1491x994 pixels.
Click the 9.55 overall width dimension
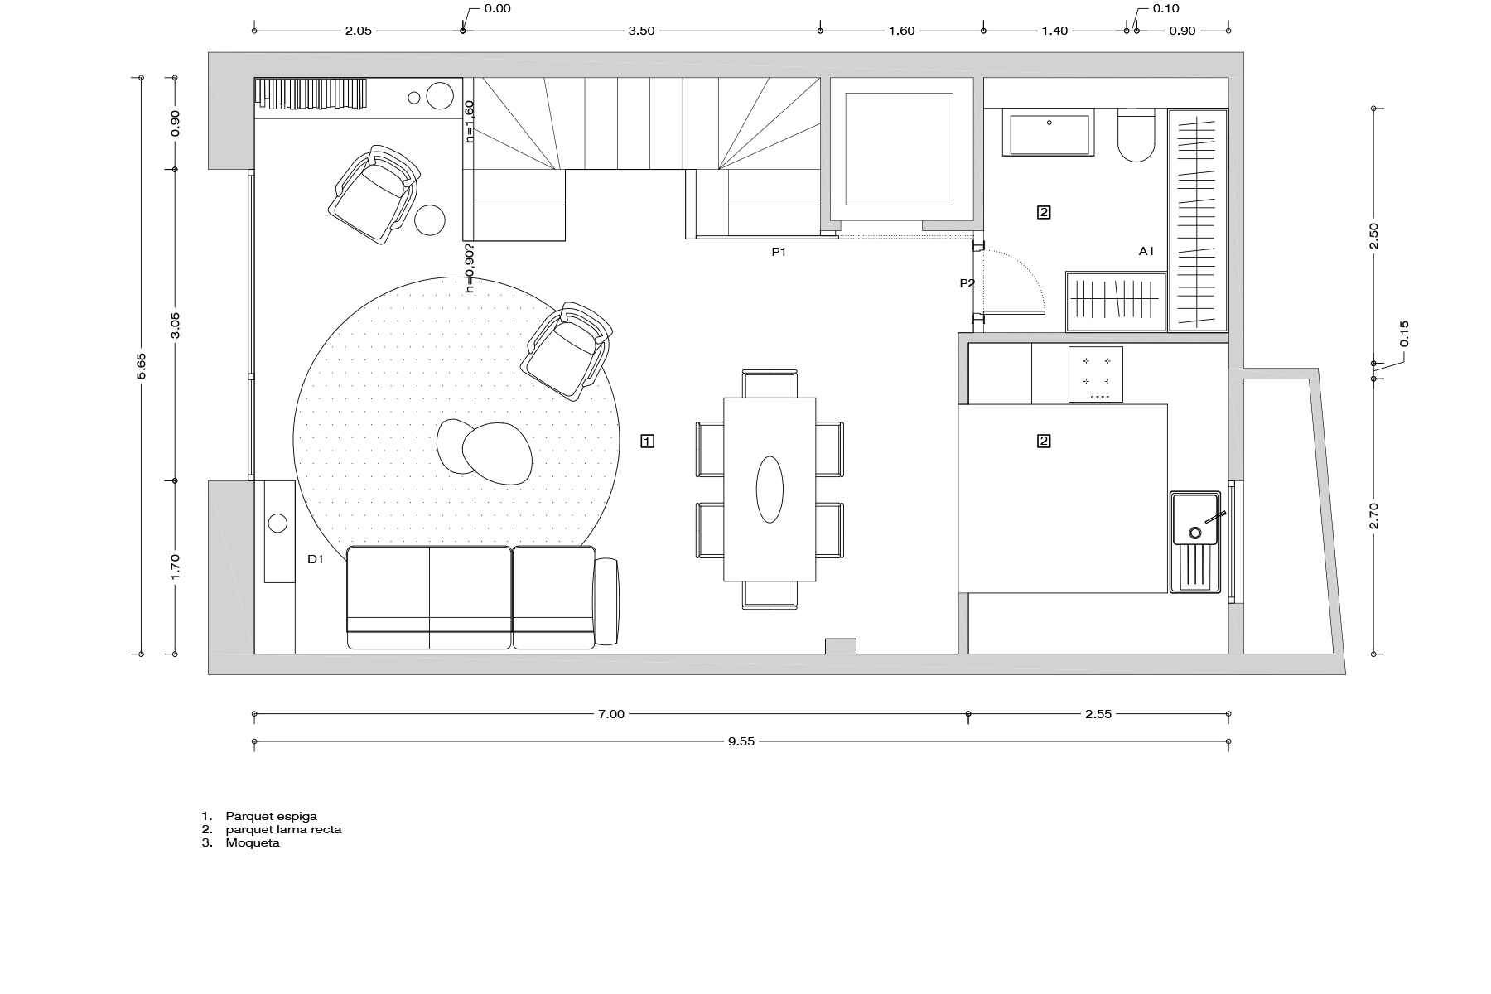click(741, 742)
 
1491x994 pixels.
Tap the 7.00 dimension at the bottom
click(610, 714)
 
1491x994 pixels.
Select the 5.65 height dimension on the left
click(142, 366)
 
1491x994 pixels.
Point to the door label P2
click(967, 283)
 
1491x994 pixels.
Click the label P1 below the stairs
click(779, 253)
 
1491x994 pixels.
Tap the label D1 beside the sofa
click(315, 559)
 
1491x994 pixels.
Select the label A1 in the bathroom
click(1146, 251)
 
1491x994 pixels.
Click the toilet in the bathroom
click(1136, 137)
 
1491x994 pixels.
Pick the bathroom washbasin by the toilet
click(1049, 133)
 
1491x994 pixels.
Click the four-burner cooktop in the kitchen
click(1095, 374)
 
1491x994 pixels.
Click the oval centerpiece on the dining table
click(770, 489)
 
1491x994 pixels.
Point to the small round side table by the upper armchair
click(430, 220)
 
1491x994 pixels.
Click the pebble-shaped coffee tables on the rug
click(485, 451)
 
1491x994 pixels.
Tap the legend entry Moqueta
click(252, 843)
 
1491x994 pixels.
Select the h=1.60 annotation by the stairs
click(469, 122)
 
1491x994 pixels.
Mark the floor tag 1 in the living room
click(648, 441)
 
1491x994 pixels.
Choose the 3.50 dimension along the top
click(641, 31)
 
